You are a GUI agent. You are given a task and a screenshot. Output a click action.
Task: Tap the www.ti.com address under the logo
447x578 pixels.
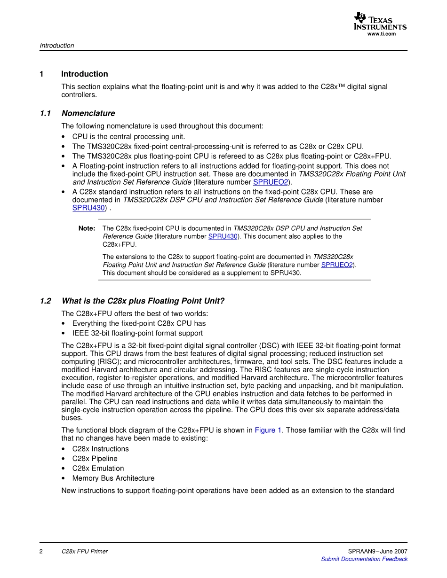pyautogui.click(x=381, y=34)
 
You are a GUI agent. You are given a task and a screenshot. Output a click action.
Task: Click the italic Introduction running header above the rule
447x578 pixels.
pyautogui.click(x=57, y=46)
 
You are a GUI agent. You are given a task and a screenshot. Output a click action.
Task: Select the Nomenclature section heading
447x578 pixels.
pyautogui.click(x=88, y=113)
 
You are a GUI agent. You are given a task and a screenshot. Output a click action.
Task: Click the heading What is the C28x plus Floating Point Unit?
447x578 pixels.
pyautogui.click(x=143, y=301)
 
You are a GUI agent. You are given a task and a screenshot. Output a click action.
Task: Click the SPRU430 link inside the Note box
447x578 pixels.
pyautogui.click(x=223, y=236)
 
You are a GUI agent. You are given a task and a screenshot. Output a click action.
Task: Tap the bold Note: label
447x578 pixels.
pyautogui.click(x=87, y=228)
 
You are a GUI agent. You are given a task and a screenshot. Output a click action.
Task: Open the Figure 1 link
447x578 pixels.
pyautogui.click(x=268, y=430)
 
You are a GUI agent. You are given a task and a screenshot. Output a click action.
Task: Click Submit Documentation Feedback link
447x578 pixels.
pyautogui.click(x=364, y=559)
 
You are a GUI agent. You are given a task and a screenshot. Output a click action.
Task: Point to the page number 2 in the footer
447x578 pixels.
pyautogui.click(x=41, y=551)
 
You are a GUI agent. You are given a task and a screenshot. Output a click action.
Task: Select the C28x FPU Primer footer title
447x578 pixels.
pyautogui.click(x=85, y=551)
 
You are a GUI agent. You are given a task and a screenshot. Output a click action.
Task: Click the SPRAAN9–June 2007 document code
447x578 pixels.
pyautogui.click(x=378, y=551)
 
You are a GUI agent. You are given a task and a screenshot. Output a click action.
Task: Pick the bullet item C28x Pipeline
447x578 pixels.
pyautogui.click(x=95, y=459)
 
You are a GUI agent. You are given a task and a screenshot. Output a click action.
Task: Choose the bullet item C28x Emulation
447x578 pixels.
pyautogui.click(x=98, y=469)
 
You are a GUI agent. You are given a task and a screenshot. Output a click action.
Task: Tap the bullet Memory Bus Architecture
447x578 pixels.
pyautogui.click(x=113, y=478)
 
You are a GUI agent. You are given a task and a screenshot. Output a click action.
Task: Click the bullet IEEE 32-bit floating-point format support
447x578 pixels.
pyautogui.click(x=137, y=333)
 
